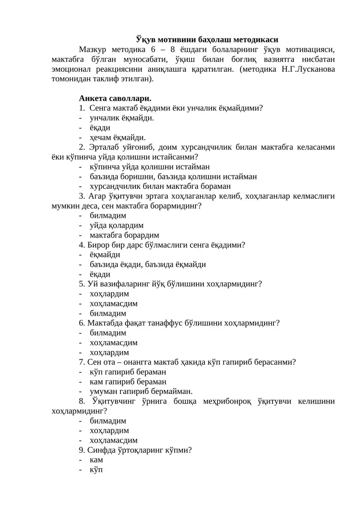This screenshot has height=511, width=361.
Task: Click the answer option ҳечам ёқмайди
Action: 118,137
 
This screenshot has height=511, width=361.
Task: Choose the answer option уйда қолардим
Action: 116,225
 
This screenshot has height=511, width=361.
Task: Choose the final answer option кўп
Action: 96,470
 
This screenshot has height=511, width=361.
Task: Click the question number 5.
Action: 81,284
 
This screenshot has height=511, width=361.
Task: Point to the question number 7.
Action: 81,362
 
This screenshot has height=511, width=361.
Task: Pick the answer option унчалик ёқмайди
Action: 122,118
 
